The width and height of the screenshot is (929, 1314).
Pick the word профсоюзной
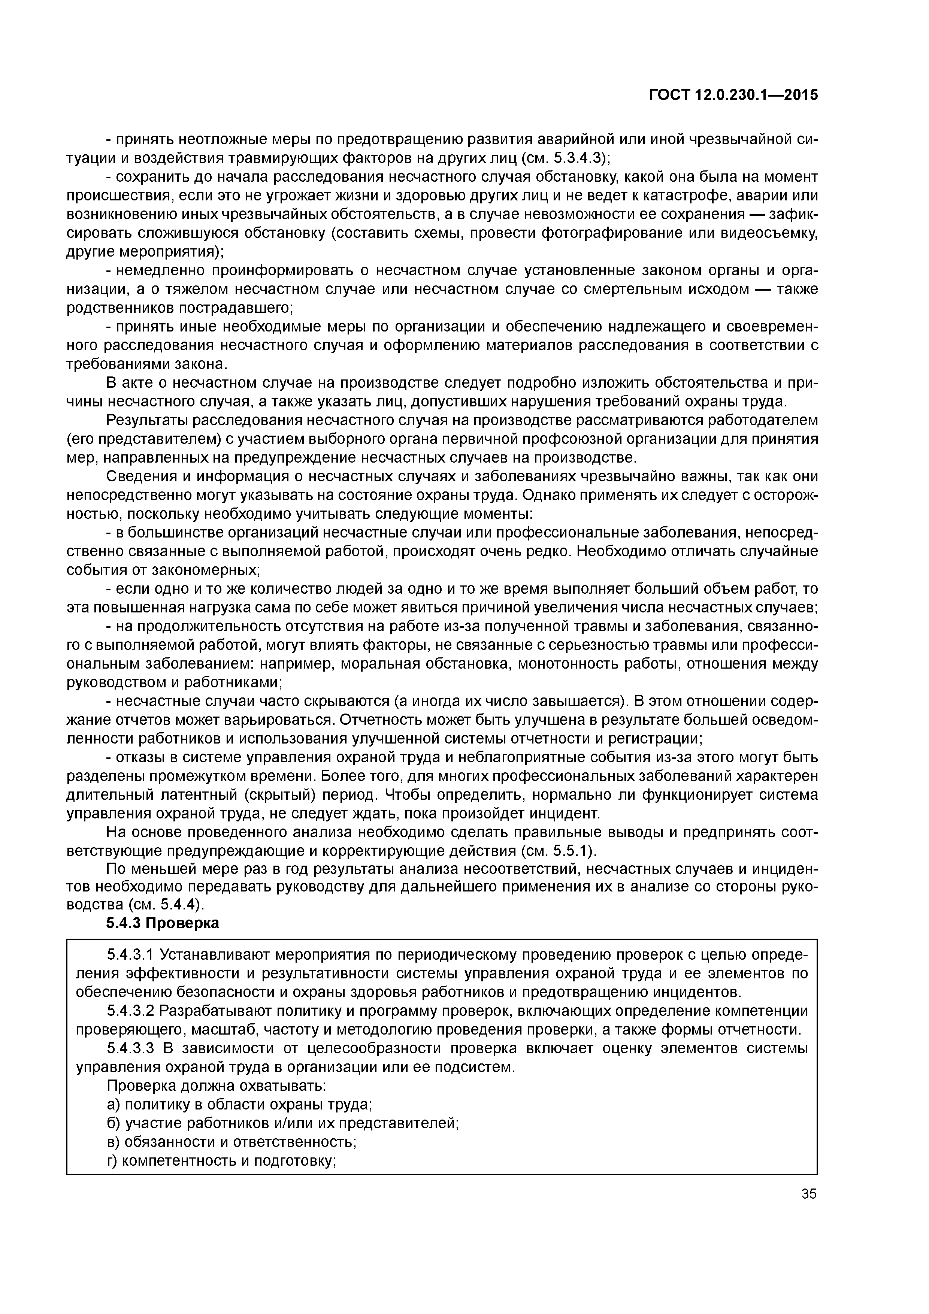pyautogui.click(x=593, y=439)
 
